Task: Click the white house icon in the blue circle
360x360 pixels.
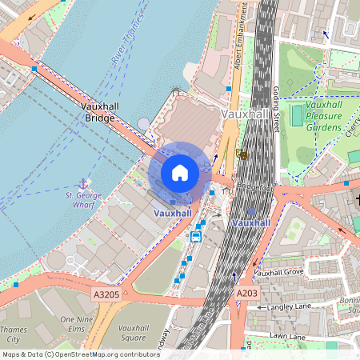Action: (x=180, y=173)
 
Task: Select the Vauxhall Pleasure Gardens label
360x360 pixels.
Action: (x=324, y=116)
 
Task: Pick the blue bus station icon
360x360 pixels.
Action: (x=196, y=236)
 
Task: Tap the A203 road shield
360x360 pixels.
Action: (x=246, y=294)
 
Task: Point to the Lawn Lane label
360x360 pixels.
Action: (x=287, y=337)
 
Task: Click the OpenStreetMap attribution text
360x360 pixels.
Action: (x=80, y=354)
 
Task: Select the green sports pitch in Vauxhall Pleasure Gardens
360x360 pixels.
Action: (x=297, y=116)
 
